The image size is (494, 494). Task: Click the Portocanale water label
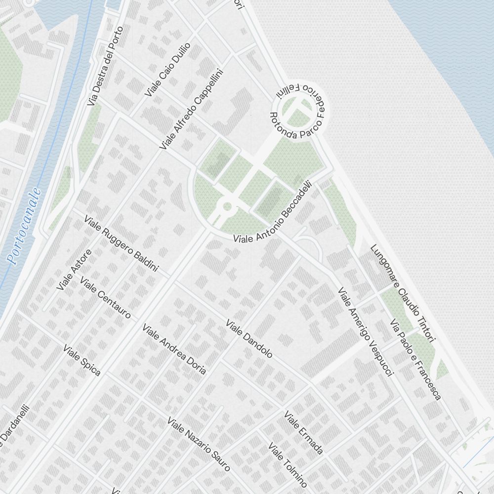click(x=23, y=226)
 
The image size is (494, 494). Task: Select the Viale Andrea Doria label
click(x=174, y=349)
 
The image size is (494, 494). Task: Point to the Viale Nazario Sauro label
click(x=199, y=444)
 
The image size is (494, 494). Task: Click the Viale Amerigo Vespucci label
click(x=365, y=332)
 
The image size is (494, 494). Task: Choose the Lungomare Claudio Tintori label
click(x=402, y=293)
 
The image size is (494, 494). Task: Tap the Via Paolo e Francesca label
click(x=415, y=360)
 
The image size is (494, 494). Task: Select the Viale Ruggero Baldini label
click(x=121, y=243)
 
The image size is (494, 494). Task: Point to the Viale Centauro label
click(x=105, y=298)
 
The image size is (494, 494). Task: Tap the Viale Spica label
click(x=82, y=360)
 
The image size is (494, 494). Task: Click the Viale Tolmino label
click(x=288, y=465)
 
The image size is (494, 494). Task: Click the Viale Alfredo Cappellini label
click(x=192, y=109)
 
